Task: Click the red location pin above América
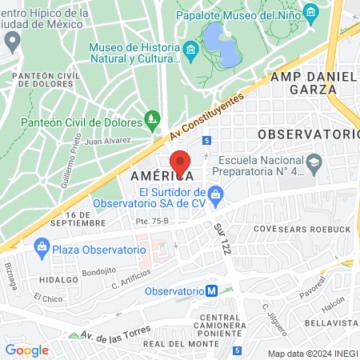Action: [x=181, y=162]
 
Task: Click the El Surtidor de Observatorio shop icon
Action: [x=214, y=193]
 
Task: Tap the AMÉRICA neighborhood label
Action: [x=155, y=174]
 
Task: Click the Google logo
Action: [x=26, y=350]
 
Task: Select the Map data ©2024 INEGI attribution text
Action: [x=311, y=353]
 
